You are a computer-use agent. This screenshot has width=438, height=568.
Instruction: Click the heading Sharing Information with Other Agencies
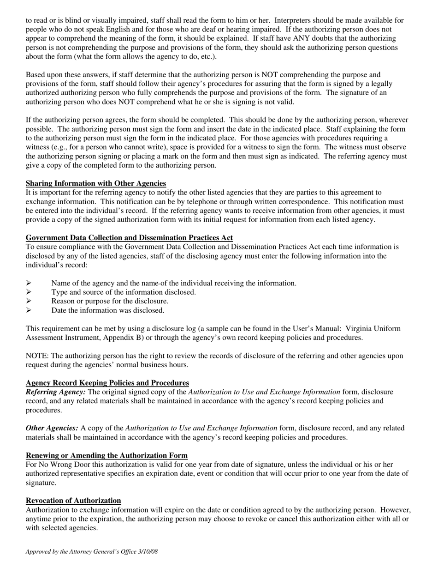tap(96, 183)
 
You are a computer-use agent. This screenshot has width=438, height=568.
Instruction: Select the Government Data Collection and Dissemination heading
tap(129, 238)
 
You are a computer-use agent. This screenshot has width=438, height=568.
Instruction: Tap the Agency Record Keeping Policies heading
tap(107, 383)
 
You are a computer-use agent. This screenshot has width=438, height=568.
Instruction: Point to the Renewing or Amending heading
tap(107, 455)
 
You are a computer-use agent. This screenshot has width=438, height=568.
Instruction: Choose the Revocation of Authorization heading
tap(73, 501)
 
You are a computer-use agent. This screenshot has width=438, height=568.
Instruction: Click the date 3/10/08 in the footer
tap(148, 551)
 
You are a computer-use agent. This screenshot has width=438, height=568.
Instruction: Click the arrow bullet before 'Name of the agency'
tap(29, 283)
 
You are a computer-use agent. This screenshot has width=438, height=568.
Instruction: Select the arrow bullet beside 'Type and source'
tap(29, 292)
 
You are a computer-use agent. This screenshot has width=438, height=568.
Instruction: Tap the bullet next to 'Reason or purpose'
tap(29, 301)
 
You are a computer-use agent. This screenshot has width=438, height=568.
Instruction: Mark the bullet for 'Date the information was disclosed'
tap(29, 310)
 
